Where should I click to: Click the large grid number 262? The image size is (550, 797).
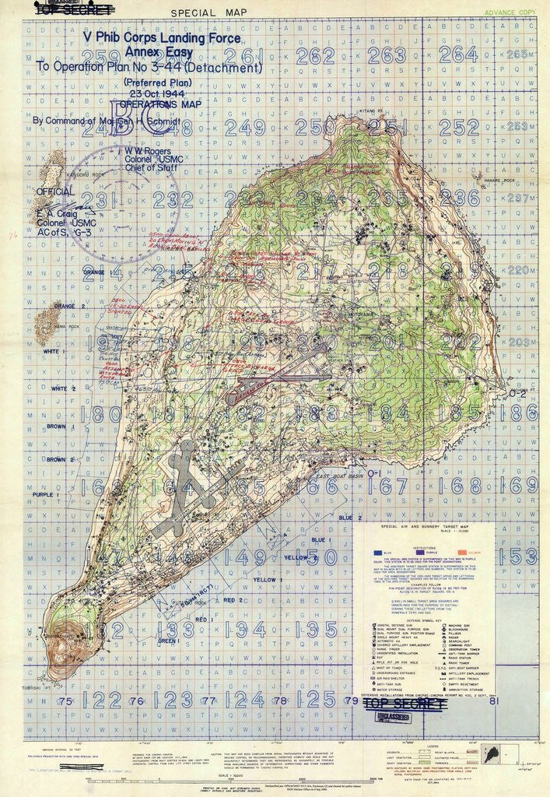(315, 55)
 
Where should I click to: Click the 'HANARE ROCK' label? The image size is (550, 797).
(499, 181)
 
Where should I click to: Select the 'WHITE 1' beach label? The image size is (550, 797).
(54, 352)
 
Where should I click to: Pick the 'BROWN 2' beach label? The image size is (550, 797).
(59, 460)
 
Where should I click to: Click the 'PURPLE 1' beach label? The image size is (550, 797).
(47, 494)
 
